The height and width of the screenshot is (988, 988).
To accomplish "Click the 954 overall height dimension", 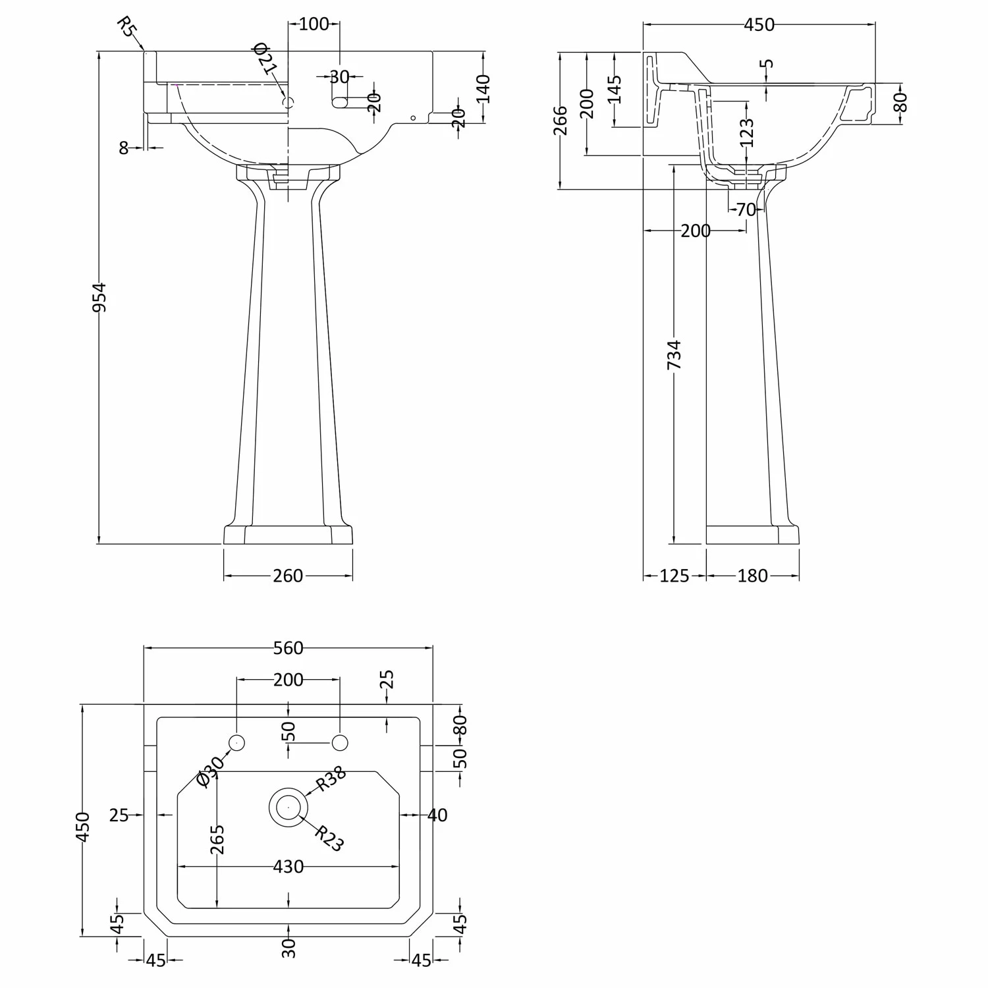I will pyautogui.click(x=98, y=297).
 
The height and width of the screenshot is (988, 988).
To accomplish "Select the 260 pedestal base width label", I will pyautogui.click(x=288, y=576).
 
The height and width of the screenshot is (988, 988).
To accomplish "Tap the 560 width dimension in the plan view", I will pyautogui.click(x=288, y=648).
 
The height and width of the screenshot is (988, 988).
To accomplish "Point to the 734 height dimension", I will pyautogui.click(x=674, y=354).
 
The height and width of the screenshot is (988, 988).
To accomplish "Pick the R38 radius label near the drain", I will pyautogui.click(x=331, y=782).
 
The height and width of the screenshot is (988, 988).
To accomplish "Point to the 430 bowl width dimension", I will pyautogui.click(x=288, y=867).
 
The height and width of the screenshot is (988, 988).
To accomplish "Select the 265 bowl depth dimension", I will pyautogui.click(x=217, y=839).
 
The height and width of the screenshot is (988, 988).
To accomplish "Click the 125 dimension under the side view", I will pyautogui.click(x=674, y=576).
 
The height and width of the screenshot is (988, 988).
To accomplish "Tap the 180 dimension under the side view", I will pyautogui.click(x=752, y=576).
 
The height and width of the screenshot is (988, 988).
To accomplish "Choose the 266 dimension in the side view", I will pyautogui.click(x=561, y=121).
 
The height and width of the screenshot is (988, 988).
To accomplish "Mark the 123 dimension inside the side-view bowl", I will pyautogui.click(x=746, y=132).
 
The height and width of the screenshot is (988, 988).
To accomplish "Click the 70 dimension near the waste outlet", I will pyautogui.click(x=746, y=210).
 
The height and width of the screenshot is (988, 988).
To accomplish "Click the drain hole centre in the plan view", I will pyautogui.click(x=288, y=807).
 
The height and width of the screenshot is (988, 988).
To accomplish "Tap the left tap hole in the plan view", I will pyautogui.click(x=236, y=743).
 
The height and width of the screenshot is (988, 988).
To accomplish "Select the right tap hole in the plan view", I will pyautogui.click(x=340, y=743).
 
